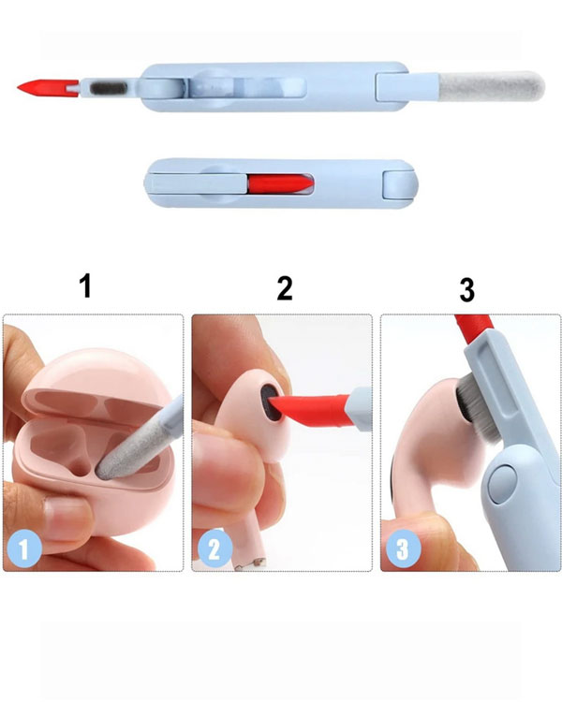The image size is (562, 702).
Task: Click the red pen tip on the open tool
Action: point(47,86)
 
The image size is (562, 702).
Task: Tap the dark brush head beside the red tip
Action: point(109,88)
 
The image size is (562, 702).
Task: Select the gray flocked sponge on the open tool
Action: point(492,85)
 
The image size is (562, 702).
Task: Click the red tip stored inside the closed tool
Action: point(281,183)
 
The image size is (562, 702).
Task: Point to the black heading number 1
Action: point(85,286)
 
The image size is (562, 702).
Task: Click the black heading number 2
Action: point(285,288)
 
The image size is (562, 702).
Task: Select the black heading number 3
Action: point(467,290)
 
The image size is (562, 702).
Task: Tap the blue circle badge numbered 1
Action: point(24,548)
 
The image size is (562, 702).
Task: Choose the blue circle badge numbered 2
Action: point(214,548)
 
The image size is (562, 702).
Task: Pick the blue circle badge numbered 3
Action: point(403,548)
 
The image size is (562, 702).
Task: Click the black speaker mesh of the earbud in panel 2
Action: point(271,402)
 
